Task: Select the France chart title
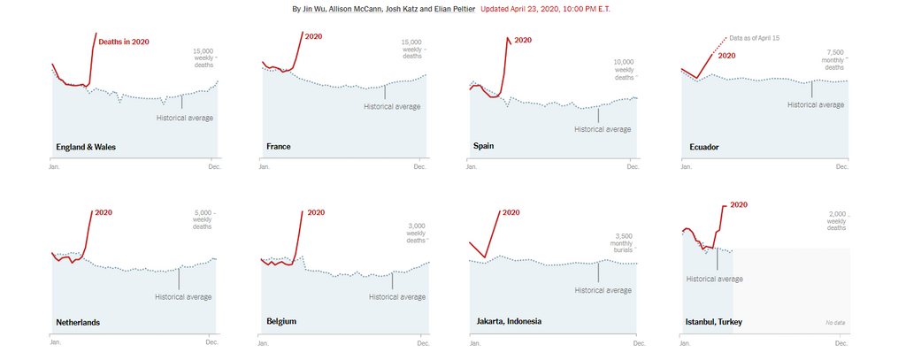(278, 147)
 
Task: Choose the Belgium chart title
(280, 322)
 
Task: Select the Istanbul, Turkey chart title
(714, 322)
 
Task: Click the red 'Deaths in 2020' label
(123, 42)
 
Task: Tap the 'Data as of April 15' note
(758, 38)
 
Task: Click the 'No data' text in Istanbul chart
(834, 322)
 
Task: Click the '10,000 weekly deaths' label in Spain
(625, 69)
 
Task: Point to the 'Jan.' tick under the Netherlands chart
(55, 341)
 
